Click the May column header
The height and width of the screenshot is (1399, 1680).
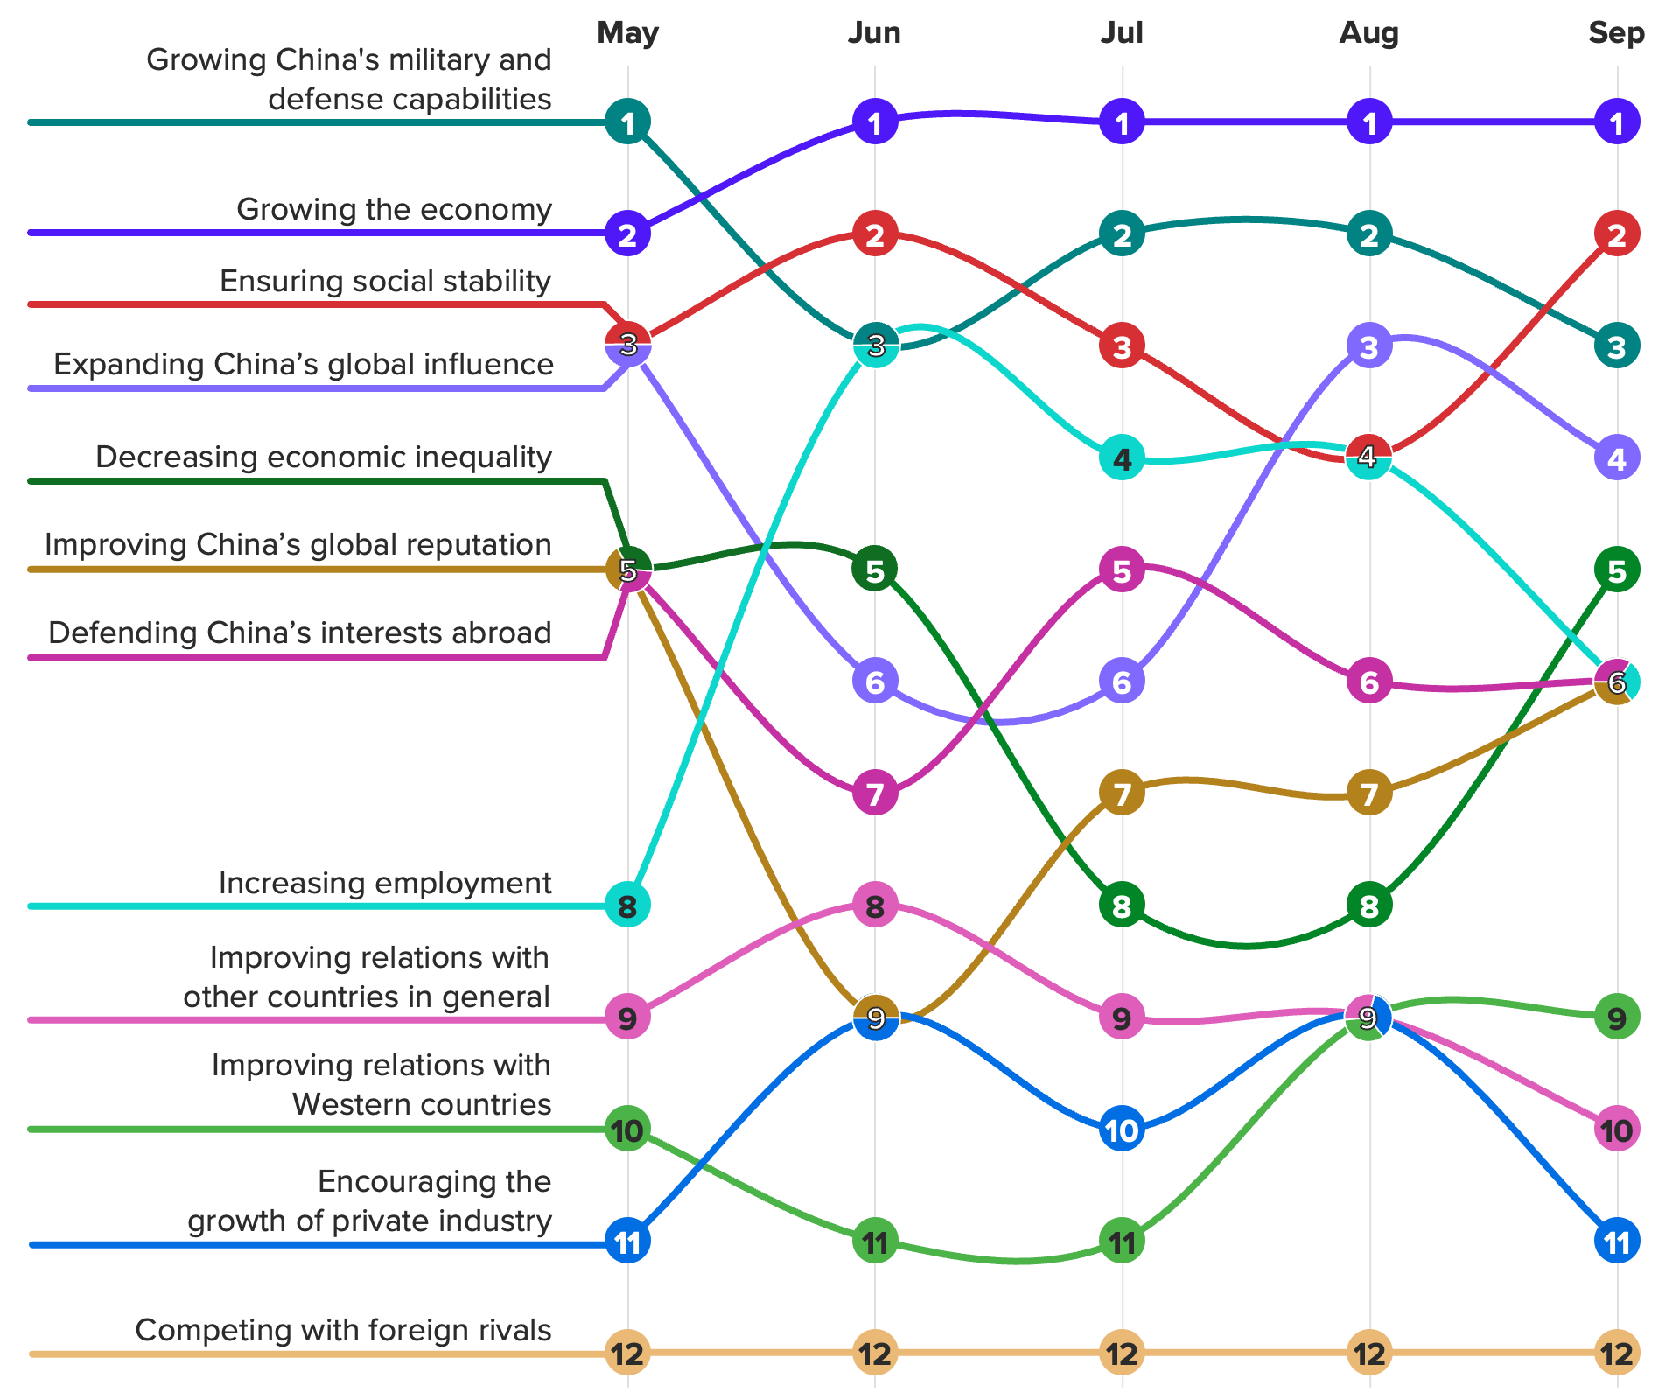click(x=627, y=33)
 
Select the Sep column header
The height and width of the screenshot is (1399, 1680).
click(x=1616, y=33)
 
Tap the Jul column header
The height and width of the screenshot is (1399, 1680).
click(x=1122, y=33)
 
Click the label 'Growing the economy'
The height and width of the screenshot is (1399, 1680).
click(x=394, y=210)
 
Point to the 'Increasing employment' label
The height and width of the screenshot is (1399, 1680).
click(x=385, y=883)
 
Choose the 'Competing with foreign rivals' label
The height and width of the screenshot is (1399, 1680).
click(x=343, y=1330)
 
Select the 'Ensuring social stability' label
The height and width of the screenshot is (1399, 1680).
click(x=385, y=282)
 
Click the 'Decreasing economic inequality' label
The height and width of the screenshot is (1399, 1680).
click(x=324, y=457)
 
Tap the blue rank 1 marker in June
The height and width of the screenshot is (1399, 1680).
click(x=875, y=122)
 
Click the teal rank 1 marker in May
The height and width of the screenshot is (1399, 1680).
click(x=627, y=122)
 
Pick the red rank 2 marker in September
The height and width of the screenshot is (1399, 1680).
click(x=1616, y=234)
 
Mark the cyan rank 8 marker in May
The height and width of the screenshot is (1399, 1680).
click(x=627, y=906)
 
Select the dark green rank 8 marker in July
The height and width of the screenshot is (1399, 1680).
click(x=1122, y=906)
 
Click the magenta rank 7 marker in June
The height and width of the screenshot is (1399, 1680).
click(x=875, y=794)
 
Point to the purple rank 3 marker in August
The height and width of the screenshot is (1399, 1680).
click(x=1369, y=346)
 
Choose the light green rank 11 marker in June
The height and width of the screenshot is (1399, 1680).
click(x=875, y=1242)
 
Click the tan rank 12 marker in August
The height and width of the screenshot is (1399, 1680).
click(x=1369, y=1354)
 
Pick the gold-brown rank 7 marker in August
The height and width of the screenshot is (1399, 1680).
click(x=1369, y=794)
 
